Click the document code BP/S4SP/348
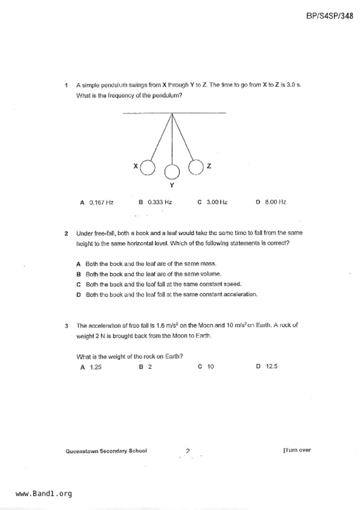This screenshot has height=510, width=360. pos(329,16)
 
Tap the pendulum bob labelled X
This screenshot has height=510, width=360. pos(148,168)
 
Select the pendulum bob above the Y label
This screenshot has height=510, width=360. pos(172,172)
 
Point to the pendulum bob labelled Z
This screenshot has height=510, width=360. pos(196,167)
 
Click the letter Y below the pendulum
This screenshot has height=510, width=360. pos(172,185)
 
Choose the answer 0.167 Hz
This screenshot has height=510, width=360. pos(101,202)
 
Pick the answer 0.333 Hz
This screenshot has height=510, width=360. pos(160,202)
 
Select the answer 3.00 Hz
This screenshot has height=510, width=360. pos(217,202)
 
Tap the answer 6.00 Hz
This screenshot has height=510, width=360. pos(275,202)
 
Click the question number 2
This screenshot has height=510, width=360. pos(67,233)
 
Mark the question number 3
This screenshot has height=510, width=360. pos(67,326)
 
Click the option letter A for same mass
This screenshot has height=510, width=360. pos(78,264)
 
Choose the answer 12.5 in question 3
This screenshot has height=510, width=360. pos(271,366)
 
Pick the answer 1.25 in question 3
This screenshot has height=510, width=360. pos(96,367)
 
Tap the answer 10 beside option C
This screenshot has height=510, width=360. pos(210,367)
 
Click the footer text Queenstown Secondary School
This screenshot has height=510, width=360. pos(106,451)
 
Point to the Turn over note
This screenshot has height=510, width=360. pos(297,450)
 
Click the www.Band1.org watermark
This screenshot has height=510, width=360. pos(44,494)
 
